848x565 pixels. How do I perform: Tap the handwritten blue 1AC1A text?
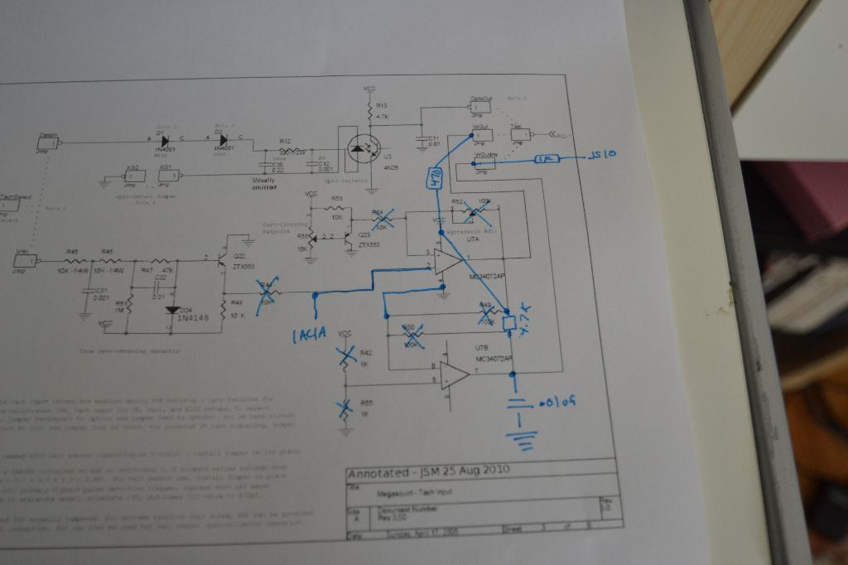[x=311, y=335]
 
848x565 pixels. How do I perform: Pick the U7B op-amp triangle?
[x=454, y=375]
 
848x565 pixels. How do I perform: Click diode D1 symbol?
[x=164, y=141]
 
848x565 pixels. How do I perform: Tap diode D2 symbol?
[x=222, y=141]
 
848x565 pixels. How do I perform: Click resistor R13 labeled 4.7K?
[x=369, y=110]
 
